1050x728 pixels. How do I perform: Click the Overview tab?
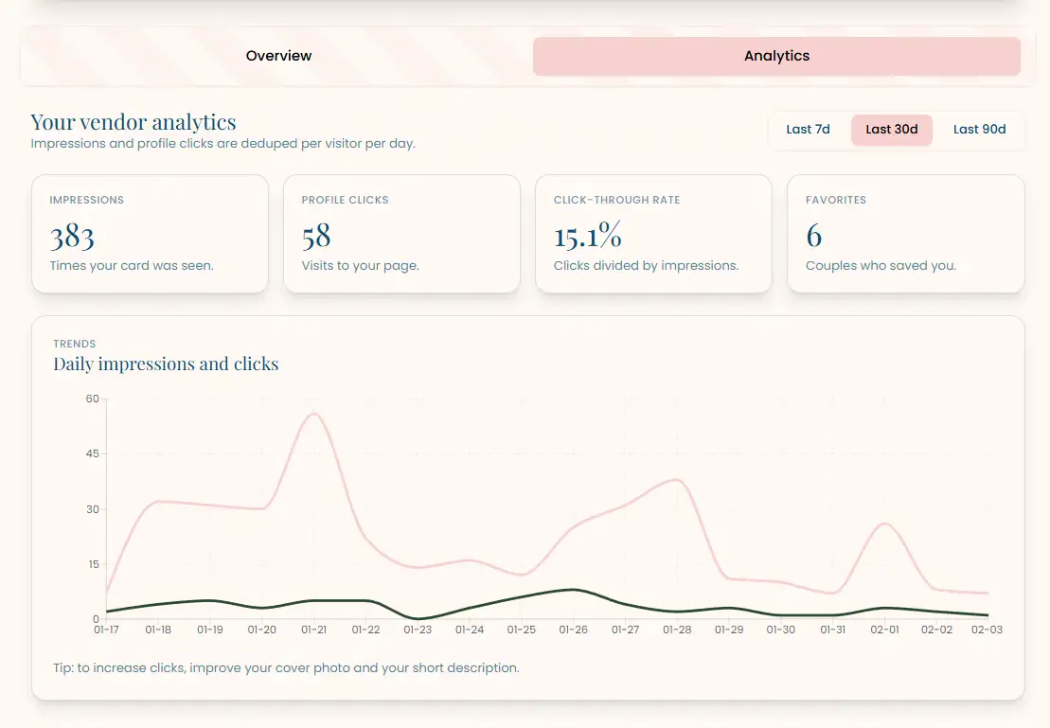coord(278,56)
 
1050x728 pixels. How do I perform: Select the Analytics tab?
coord(776,56)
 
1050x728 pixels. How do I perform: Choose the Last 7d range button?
coord(808,130)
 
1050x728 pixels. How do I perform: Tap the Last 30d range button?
coord(891,130)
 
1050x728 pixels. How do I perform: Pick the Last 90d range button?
coord(979,130)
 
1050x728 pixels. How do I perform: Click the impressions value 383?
coord(72,236)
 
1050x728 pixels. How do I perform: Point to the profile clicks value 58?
coord(316,236)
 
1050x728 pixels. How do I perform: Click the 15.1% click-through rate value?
coord(587,236)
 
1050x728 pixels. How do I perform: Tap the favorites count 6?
coord(813,236)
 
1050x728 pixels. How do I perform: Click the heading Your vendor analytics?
coord(133,122)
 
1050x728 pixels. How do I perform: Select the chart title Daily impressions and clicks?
coord(166,364)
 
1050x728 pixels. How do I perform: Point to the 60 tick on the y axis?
coord(92,399)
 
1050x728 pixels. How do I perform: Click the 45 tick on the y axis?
coord(92,453)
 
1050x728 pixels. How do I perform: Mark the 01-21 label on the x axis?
coord(313,629)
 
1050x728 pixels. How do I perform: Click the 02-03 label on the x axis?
coord(988,629)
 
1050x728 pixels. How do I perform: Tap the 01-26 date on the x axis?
coord(573,629)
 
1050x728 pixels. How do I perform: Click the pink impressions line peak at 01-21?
coord(313,414)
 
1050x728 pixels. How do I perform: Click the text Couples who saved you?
coord(881,266)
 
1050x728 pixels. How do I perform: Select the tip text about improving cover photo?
coord(286,668)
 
